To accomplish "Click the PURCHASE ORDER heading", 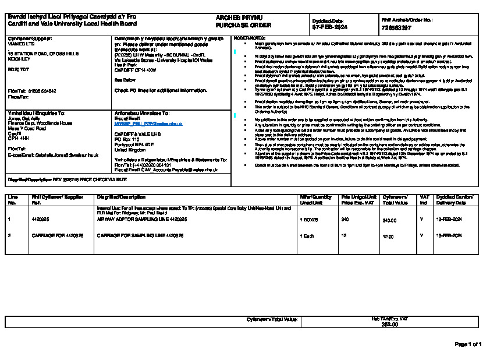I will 235,26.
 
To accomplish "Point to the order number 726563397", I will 397,27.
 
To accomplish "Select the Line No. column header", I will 13,200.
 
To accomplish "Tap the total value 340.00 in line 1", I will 389,221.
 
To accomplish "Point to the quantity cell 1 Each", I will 307,235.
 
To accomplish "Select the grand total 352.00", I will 389,324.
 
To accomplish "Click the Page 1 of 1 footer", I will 468,344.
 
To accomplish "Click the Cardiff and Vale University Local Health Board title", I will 72,24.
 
